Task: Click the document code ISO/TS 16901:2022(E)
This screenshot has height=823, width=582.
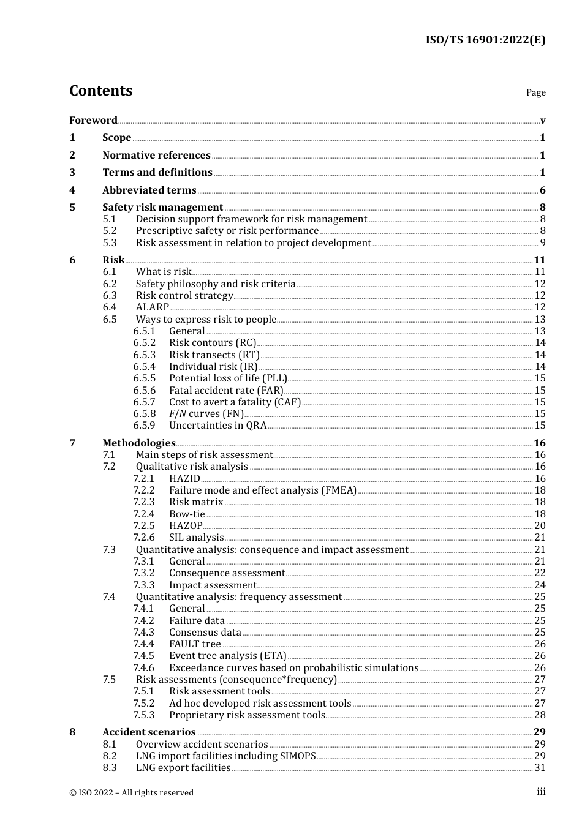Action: coord(485,40)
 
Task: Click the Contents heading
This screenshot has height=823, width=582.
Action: coord(100,91)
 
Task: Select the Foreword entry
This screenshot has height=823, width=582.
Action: coord(93,120)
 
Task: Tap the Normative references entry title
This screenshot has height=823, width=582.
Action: coord(156,155)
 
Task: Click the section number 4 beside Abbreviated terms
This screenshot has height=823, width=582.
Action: coord(72,190)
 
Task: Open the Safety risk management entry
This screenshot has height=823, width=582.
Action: coord(162,207)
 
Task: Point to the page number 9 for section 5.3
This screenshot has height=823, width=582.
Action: coord(542,242)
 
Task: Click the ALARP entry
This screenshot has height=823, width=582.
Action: coord(152,307)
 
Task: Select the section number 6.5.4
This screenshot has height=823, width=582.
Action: coord(144,366)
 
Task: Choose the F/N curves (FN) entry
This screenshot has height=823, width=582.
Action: coord(206,413)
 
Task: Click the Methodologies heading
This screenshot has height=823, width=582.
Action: coord(138,443)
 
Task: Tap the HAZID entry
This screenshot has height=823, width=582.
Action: coord(184,478)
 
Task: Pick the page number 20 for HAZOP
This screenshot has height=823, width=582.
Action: coord(540,525)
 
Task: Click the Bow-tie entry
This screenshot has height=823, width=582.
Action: coord(187,514)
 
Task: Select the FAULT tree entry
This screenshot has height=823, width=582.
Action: coord(195,644)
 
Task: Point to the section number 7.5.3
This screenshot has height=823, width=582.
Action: coord(144,715)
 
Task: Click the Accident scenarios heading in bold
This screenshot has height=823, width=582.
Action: coord(149,732)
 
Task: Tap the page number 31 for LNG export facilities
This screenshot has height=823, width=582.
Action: coord(540,767)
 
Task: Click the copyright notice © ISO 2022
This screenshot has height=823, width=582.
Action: coord(131,792)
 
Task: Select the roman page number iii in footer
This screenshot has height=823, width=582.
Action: coord(541,792)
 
